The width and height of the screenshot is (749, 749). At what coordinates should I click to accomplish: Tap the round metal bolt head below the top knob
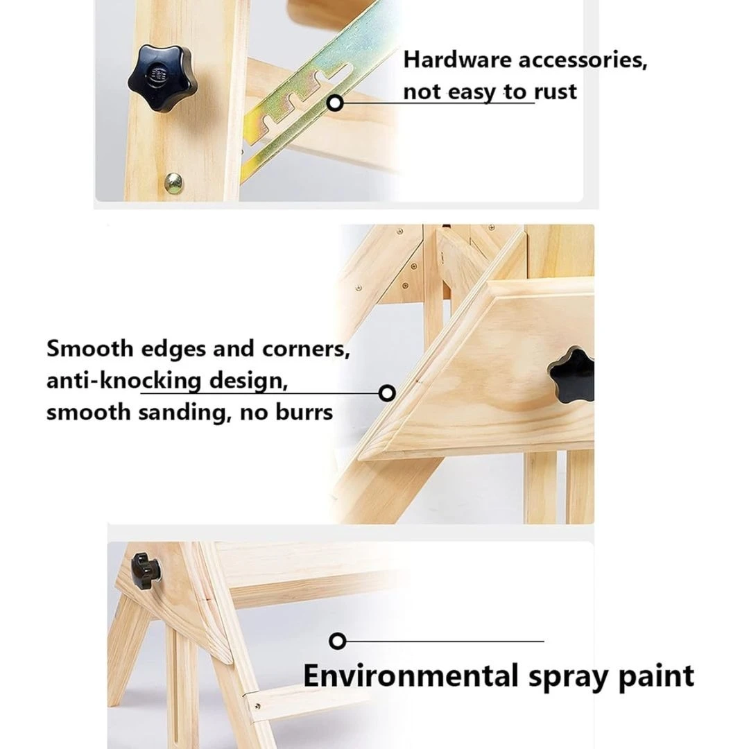(173, 183)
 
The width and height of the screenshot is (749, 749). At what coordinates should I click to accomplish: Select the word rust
(555, 92)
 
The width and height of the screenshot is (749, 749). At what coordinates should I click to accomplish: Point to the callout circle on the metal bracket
(336, 103)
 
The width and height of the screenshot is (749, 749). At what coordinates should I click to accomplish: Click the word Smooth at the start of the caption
(89, 349)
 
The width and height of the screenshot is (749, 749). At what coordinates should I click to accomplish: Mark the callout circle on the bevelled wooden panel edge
(387, 393)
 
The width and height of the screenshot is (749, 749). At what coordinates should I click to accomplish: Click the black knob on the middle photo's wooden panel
(571, 376)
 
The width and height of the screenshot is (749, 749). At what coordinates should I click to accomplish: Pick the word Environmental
(411, 675)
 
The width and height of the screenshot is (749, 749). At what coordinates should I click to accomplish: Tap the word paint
(656, 677)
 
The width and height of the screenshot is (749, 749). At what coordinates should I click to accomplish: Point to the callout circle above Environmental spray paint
(338, 641)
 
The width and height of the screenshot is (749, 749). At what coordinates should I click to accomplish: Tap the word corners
(306, 350)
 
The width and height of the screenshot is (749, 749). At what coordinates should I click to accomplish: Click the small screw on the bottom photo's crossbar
(257, 706)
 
